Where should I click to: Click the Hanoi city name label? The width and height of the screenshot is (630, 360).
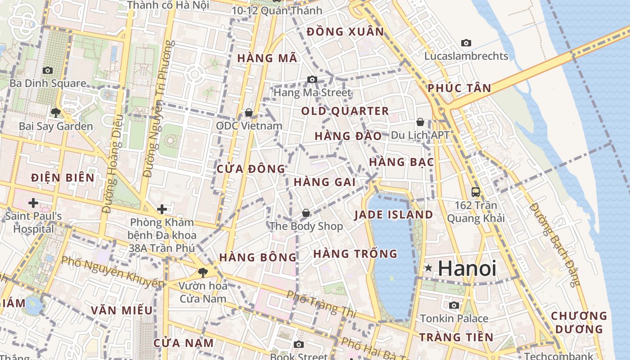click(467, 268)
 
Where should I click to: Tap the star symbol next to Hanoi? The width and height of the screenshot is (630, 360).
click(428, 268)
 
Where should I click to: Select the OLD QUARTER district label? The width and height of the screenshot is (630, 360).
click(345, 111)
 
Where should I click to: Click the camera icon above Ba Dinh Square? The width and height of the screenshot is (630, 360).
click(47, 70)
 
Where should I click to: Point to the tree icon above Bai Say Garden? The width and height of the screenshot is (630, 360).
click(56, 112)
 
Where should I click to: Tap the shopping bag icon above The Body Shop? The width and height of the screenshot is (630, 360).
click(306, 212)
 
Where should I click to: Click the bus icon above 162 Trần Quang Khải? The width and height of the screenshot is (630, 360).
click(476, 192)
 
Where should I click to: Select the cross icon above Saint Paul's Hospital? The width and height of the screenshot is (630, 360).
click(33, 203)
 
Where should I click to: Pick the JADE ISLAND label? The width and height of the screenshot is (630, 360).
click(393, 215)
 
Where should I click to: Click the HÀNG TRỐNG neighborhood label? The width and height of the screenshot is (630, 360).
click(355, 254)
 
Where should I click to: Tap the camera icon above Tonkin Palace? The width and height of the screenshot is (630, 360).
click(454, 305)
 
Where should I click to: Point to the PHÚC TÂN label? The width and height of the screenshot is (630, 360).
click(459, 88)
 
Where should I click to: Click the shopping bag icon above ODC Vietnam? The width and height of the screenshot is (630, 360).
click(248, 112)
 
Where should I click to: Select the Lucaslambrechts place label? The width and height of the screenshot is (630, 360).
click(466, 56)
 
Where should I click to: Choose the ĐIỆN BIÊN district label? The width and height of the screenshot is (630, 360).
click(63, 178)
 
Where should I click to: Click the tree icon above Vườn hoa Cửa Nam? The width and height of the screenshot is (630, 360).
click(203, 272)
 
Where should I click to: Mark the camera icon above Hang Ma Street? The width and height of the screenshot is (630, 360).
click(312, 80)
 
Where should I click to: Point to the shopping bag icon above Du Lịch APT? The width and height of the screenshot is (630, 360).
click(420, 122)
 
